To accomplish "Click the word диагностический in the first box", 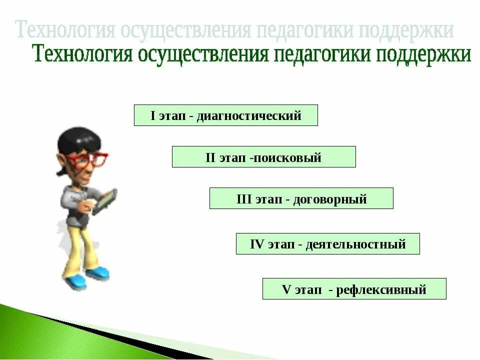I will pos(249,116).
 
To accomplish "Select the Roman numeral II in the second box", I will pos(210,158).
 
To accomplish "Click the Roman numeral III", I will pos(243,199).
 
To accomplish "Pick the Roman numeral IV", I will pos(256,245).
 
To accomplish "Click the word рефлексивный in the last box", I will pos(381,289).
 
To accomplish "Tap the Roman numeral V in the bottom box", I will pos(286,289).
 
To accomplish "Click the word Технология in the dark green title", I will pos(80,54).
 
